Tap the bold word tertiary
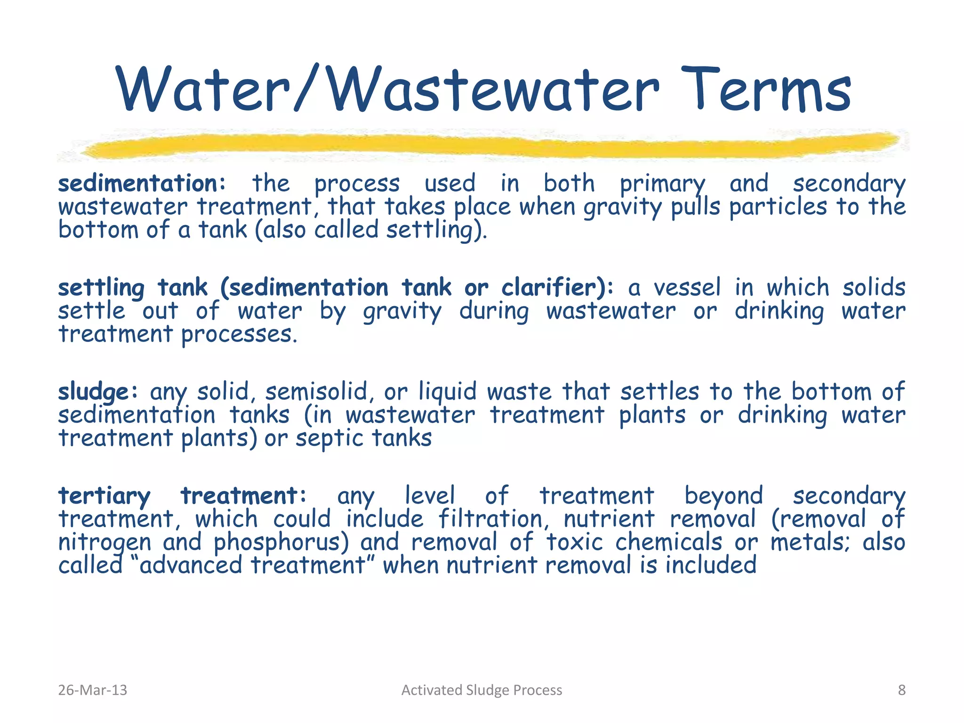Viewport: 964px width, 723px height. click(x=104, y=496)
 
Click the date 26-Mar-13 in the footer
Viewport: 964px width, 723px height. click(x=92, y=690)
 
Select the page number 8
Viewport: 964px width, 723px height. click(x=901, y=690)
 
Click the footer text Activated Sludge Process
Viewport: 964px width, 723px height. click(x=482, y=690)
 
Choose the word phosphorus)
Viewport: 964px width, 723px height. click(x=281, y=543)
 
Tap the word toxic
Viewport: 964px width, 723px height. click(x=574, y=543)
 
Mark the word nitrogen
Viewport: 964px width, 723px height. click(x=104, y=543)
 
